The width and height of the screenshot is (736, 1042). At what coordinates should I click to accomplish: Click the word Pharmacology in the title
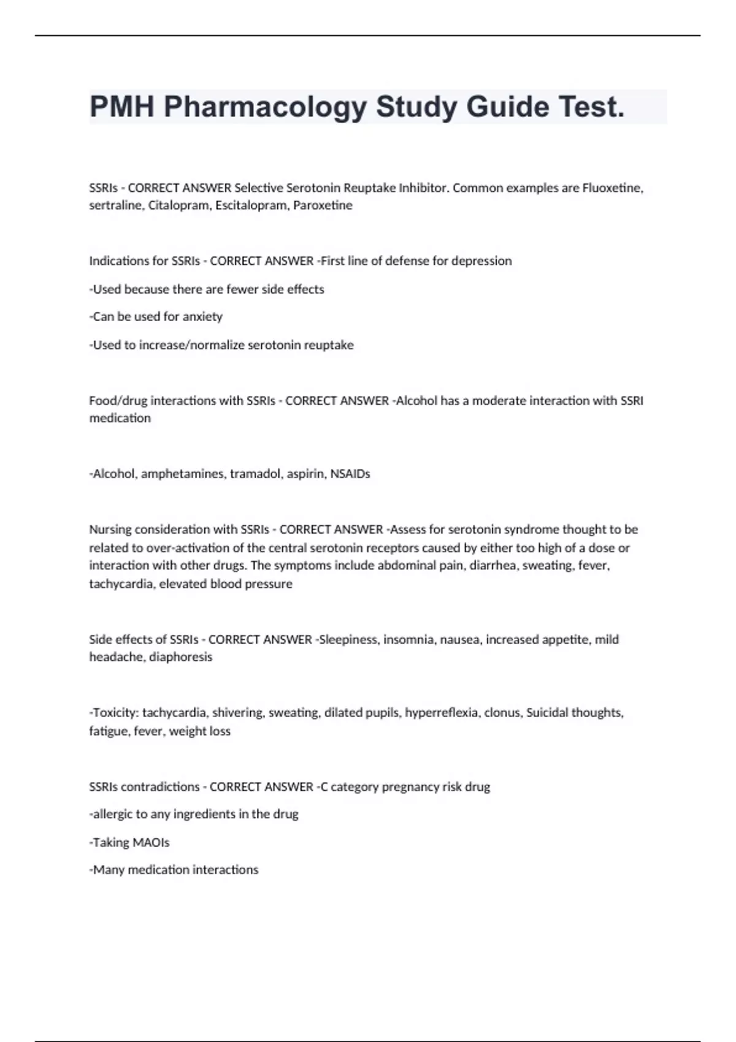(x=265, y=107)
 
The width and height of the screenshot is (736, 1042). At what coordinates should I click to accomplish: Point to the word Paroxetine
(x=323, y=205)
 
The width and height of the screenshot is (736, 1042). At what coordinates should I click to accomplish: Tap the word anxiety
(x=202, y=317)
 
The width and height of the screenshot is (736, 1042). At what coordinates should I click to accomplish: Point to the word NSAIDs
(x=350, y=474)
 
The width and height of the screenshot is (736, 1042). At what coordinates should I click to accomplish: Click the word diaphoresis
(x=181, y=657)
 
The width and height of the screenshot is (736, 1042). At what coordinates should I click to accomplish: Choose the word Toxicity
(x=115, y=713)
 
